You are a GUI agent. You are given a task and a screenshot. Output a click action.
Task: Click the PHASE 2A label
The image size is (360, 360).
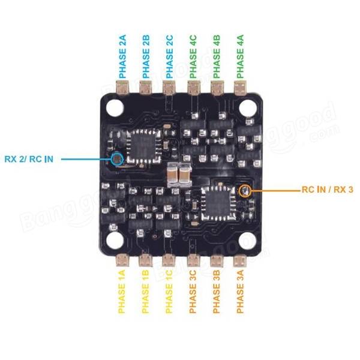click(x=122, y=56)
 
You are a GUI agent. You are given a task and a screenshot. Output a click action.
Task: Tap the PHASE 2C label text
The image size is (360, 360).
click(x=169, y=56)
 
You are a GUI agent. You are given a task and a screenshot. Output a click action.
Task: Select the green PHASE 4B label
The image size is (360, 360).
click(x=216, y=56)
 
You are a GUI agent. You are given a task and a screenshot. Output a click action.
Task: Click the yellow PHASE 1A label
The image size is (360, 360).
click(x=121, y=292)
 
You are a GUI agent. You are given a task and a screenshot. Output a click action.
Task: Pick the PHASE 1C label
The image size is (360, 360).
click(x=169, y=292)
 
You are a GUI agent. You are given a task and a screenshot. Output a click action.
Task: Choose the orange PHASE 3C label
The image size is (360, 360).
click(x=193, y=292)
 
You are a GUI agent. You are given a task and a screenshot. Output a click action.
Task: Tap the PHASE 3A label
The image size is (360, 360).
click(x=240, y=292)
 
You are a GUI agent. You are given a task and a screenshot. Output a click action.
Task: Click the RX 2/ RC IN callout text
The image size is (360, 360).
click(x=29, y=159)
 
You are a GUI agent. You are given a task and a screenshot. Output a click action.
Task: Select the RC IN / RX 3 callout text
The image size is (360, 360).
click(x=328, y=190)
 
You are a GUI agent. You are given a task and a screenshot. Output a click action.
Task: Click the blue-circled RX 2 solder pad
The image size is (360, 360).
click(x=117, y=159)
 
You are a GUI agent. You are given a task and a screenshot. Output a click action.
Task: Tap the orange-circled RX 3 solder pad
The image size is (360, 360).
click(x=245, y=191)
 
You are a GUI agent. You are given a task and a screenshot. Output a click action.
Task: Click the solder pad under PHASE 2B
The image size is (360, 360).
click(x=146, y=88)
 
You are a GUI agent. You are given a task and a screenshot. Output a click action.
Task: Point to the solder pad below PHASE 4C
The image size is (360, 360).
click(x=194, y=88)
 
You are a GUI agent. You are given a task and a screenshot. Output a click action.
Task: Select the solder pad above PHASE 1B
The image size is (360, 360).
click(x=145, y=260)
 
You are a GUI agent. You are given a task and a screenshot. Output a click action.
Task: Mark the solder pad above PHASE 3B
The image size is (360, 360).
click(x=217, y=260)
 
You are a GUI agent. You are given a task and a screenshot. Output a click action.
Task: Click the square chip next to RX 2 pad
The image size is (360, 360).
click(x=144, y=146)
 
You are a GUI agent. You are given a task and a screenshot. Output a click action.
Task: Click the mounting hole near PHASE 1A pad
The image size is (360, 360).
click(x=115, y=241)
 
